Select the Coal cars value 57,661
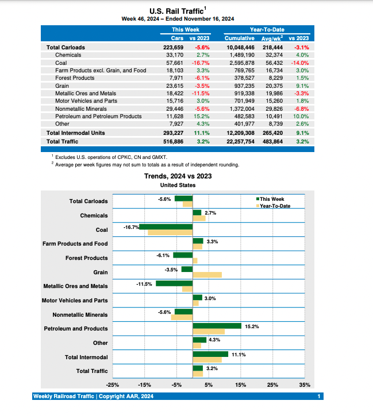172,62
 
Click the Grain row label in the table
62,85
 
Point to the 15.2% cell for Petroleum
202,116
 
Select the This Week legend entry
272,199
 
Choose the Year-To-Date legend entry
275,205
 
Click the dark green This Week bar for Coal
166,227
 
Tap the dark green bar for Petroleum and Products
217,325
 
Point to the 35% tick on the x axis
305,384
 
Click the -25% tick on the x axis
113,384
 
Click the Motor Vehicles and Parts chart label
75,300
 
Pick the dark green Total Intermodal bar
210,354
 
